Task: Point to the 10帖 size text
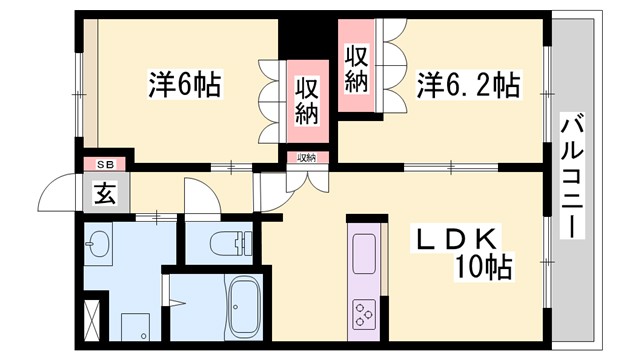(x=484, y=267)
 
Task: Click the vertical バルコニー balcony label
(x=571, y=176)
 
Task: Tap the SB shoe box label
(x=104, y=163)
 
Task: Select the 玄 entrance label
(x=104, y=192)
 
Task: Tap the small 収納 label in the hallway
(x=304, y=157)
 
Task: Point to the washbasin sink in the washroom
(x=98, y=243)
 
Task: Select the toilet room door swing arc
(x=199, y=198)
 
